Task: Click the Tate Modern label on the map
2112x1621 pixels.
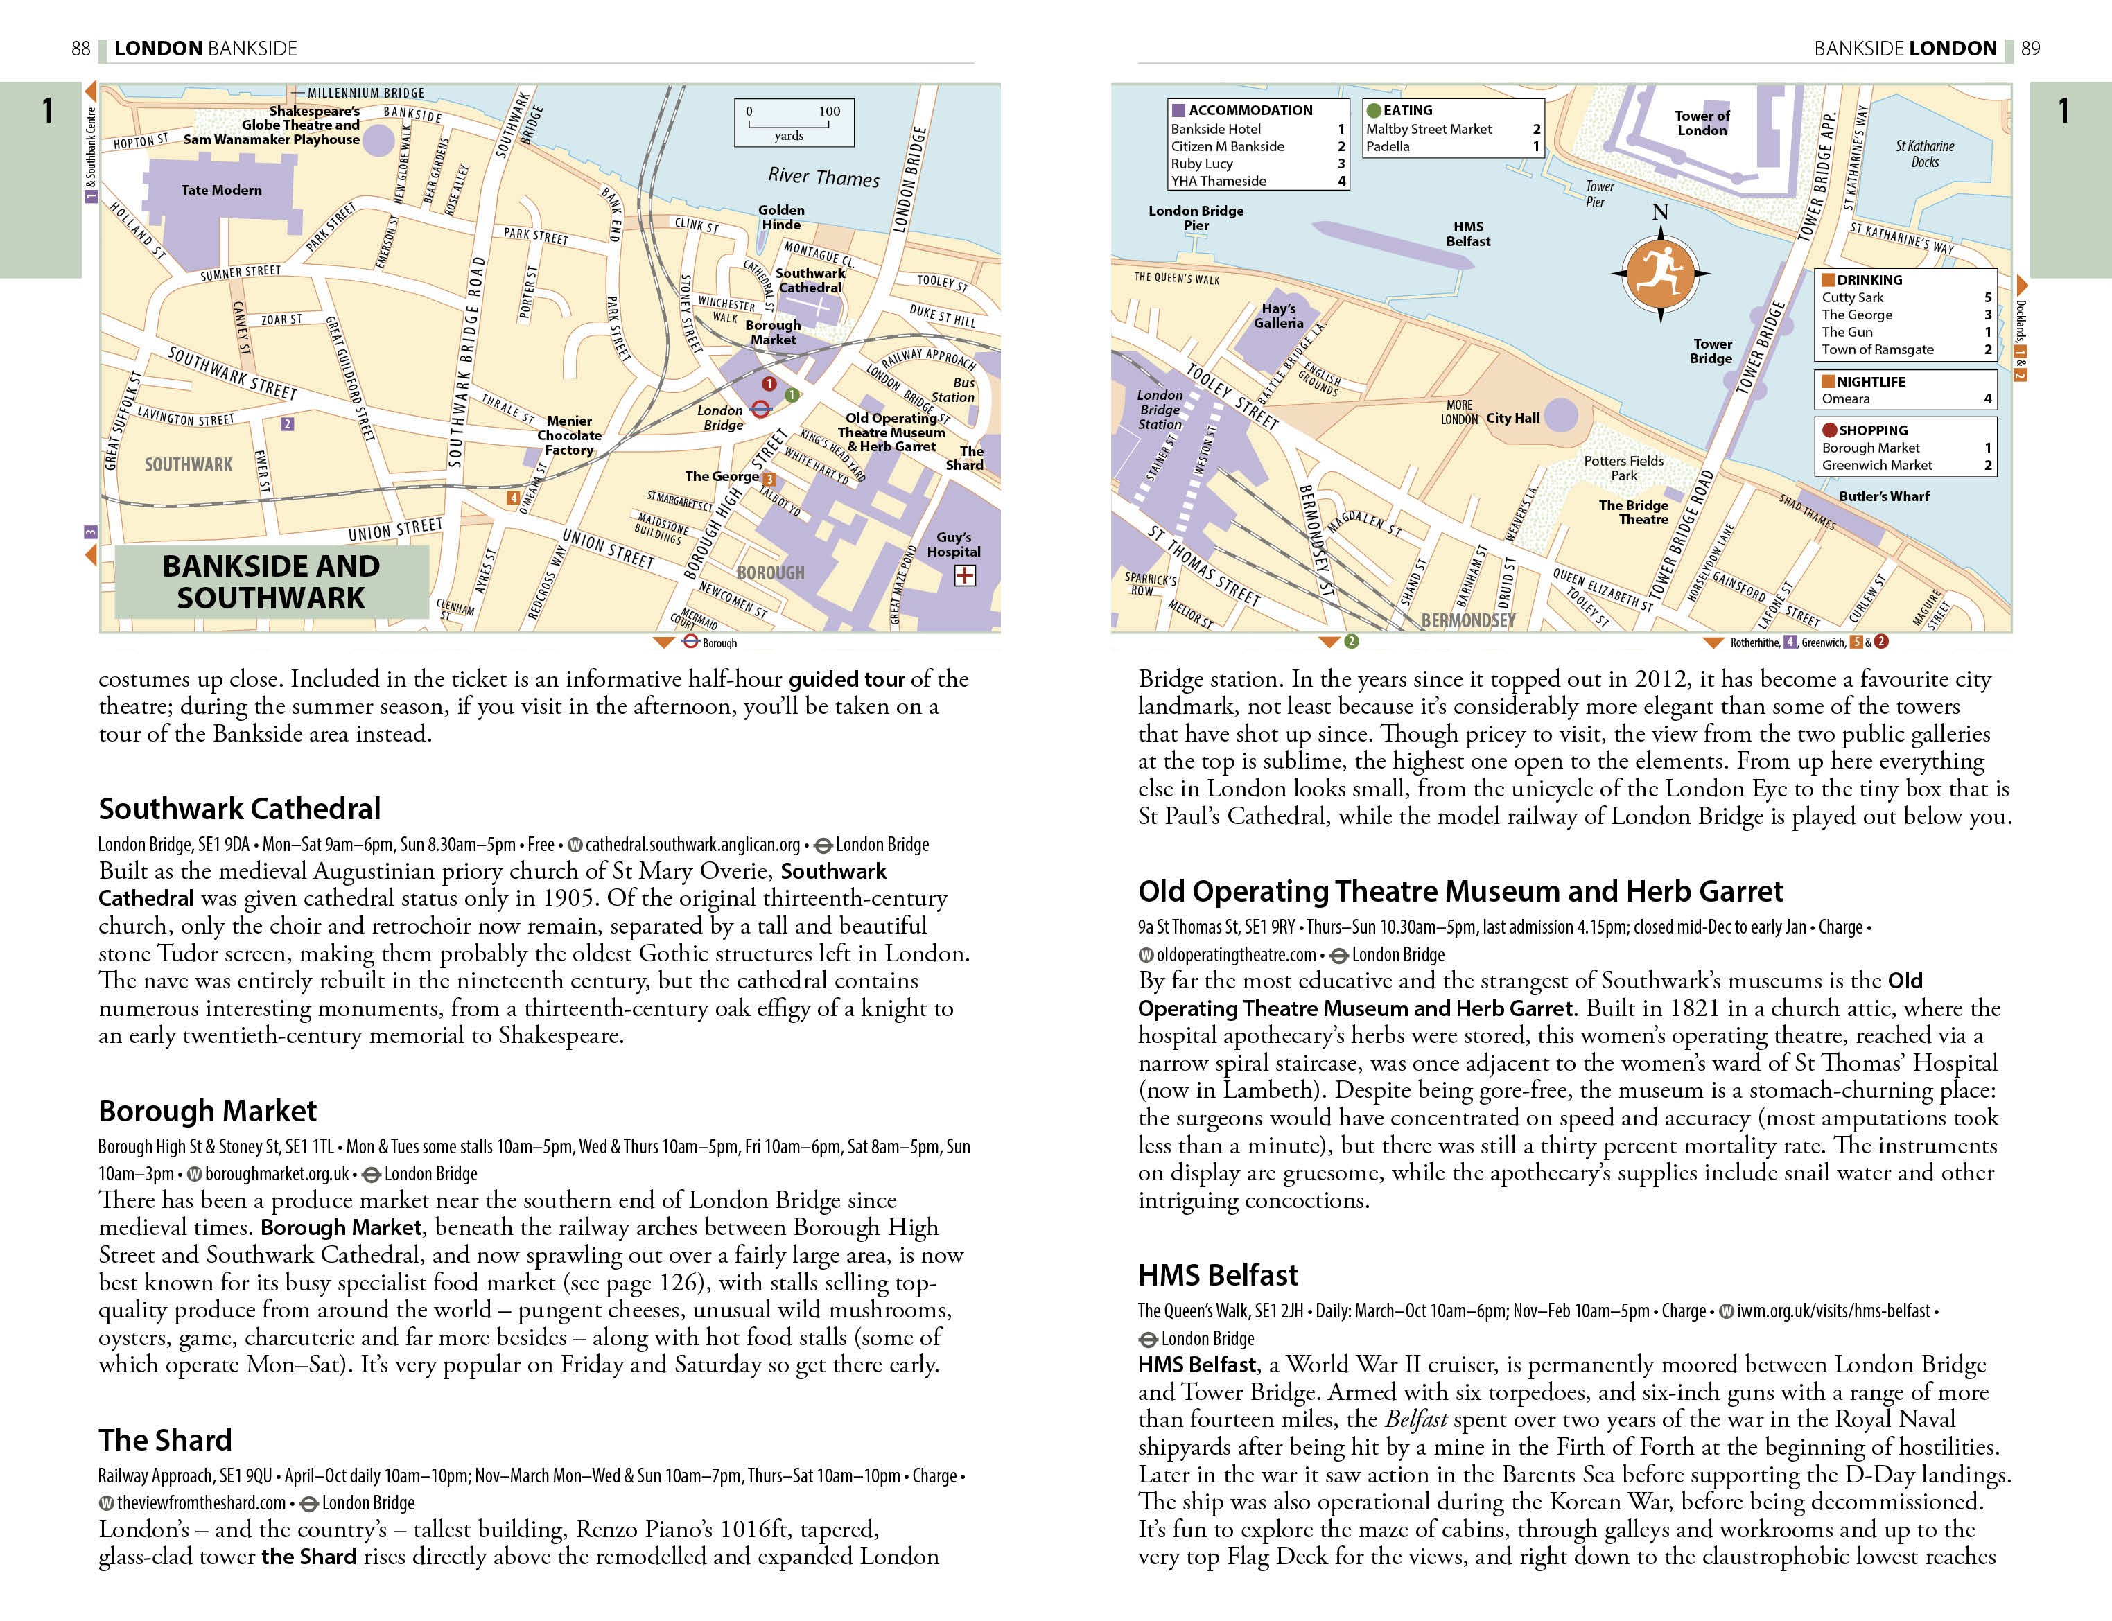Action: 221,190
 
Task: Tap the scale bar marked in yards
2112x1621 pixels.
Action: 793,123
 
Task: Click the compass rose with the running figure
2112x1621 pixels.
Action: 1659,274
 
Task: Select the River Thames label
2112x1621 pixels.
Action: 823,177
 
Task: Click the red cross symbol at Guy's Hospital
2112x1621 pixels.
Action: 964,576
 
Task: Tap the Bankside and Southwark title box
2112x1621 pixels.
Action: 271,582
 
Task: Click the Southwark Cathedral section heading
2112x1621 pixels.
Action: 239,809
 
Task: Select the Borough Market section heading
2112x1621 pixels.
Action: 207,1110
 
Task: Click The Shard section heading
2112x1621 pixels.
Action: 165,1439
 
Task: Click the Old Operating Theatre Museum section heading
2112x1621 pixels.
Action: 1460,891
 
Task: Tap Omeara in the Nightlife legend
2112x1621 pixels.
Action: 1844,399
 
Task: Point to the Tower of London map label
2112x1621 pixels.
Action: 1702,123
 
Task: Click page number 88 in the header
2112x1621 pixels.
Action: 81,49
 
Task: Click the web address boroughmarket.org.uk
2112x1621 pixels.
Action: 277,1174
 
